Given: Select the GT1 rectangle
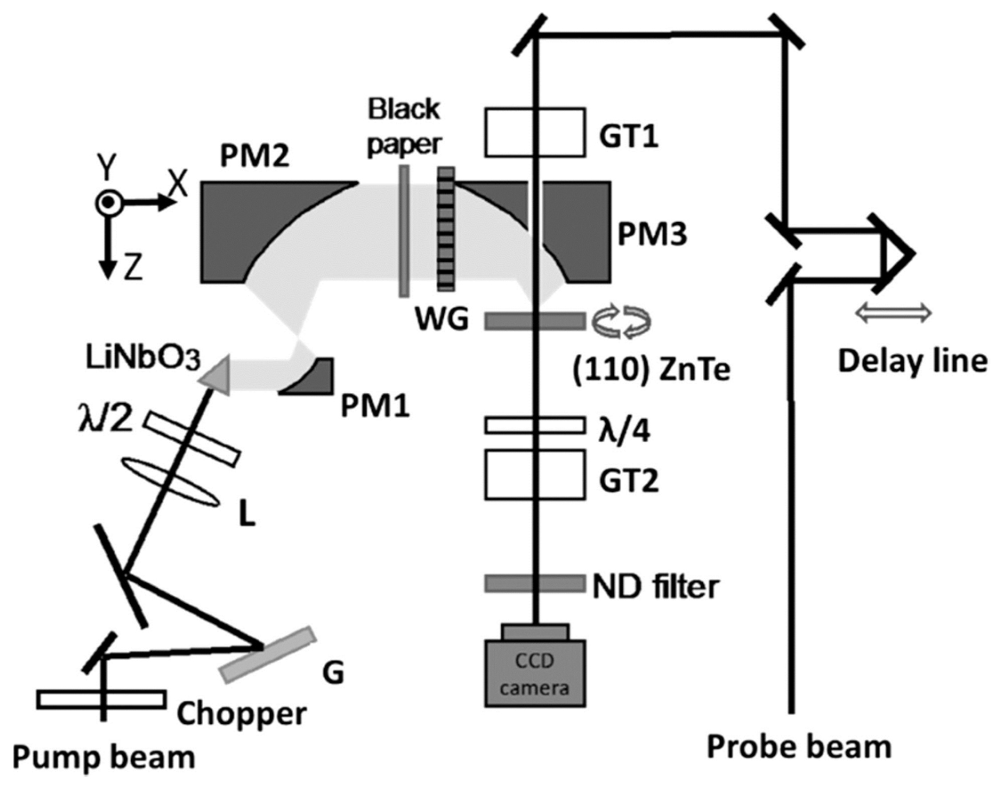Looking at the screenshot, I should point(535,132).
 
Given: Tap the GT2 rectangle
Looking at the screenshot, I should point(535,474).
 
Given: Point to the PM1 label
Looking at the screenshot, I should point(375,407).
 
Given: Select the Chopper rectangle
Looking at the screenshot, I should point(101,699).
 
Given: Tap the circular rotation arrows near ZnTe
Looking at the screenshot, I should point(622,321).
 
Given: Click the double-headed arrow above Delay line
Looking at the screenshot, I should point(893,314).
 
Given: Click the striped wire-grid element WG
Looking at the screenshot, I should point(446,229).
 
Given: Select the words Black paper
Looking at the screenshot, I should point(404,127).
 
